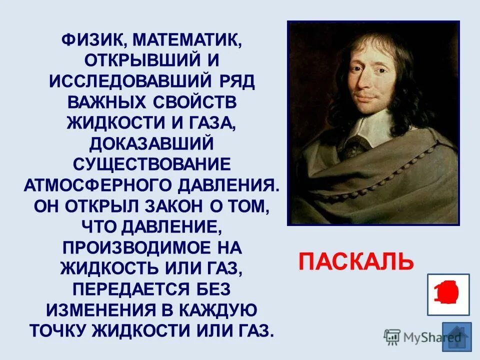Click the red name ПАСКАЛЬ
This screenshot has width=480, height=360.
tap(356, 261)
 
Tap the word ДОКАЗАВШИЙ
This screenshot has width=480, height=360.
tap(151, 144)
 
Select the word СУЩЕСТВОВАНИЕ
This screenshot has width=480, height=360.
tap(151, 164)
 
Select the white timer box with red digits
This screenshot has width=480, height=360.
tap(448, 294)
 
